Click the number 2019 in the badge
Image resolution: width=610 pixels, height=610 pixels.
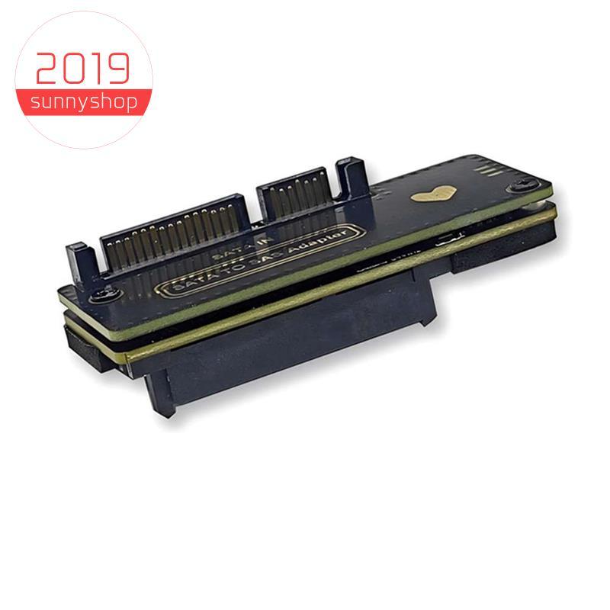point(82,69)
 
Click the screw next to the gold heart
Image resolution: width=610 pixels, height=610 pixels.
point(524,184)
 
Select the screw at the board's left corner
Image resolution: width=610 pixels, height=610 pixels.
point(105,292)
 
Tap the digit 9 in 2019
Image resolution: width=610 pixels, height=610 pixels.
point(117,69)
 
